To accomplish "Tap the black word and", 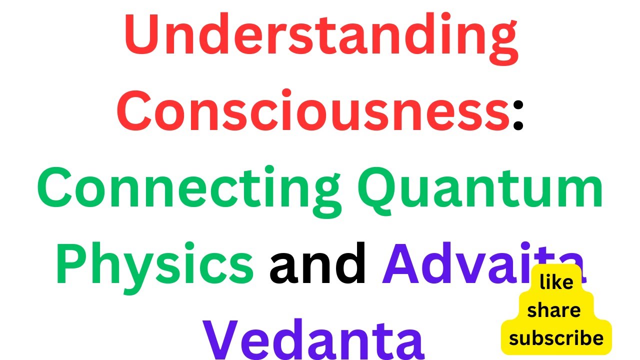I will (x=318, y=262).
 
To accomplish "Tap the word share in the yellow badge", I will (x=554, y=311).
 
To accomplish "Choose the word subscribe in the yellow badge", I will (x=556, y=338).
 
